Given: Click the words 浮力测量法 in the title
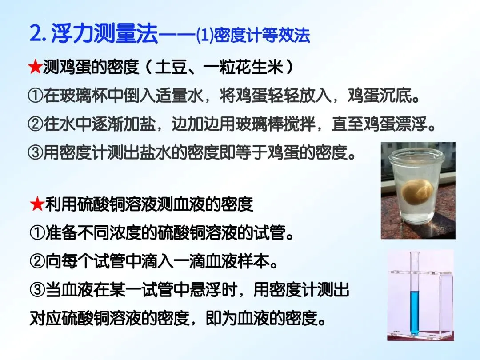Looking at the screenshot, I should [x=104, y=34].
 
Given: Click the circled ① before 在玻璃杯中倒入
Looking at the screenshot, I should [x=35, y=96].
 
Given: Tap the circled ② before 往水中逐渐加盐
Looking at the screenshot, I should [x=35, y=124].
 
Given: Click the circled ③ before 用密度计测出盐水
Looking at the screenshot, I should [x=35, y=153].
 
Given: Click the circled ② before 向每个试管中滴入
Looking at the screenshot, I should [x=36, y=262].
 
